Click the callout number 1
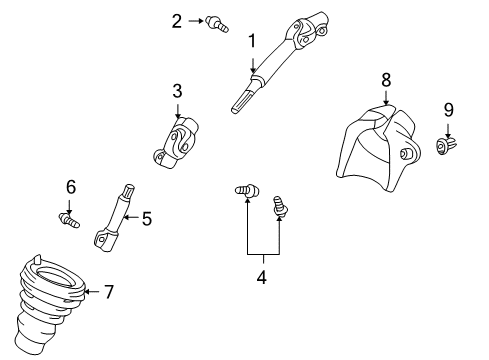tap(253, 41)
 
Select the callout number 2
tap(176, 20)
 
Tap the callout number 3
tap(176, 91)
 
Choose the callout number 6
tap(70, 186)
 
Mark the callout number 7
tap(109, 292)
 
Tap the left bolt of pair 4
tap(246, 189)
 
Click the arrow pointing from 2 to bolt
tap(194, 20)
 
